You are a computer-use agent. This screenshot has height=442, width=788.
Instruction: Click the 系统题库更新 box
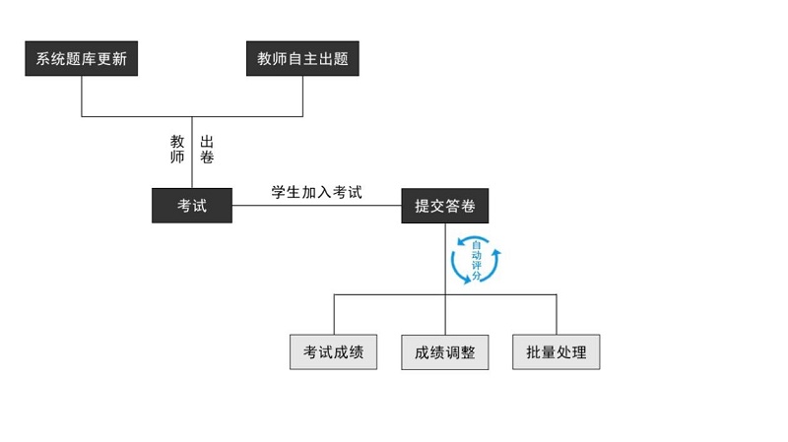[x=81, y=59]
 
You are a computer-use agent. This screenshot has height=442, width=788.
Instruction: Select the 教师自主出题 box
[x=302, y=59]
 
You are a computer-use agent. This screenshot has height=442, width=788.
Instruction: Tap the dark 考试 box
[x=192, y=205]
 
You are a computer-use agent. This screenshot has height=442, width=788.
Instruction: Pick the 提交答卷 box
[x=445, y=205]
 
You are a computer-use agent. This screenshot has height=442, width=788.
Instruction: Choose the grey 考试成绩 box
[x=334, y=352]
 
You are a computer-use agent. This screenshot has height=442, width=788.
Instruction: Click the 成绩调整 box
[x=445, y=352]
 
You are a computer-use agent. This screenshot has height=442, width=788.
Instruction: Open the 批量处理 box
[x=557, y=352]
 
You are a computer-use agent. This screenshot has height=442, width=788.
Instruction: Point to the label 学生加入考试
[x=317, y=192]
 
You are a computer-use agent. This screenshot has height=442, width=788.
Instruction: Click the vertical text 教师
[x=177, y=149]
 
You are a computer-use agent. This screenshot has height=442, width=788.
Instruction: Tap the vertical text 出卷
[x=207, y=149]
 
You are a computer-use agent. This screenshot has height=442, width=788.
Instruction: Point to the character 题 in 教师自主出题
[x=340, y=59]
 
